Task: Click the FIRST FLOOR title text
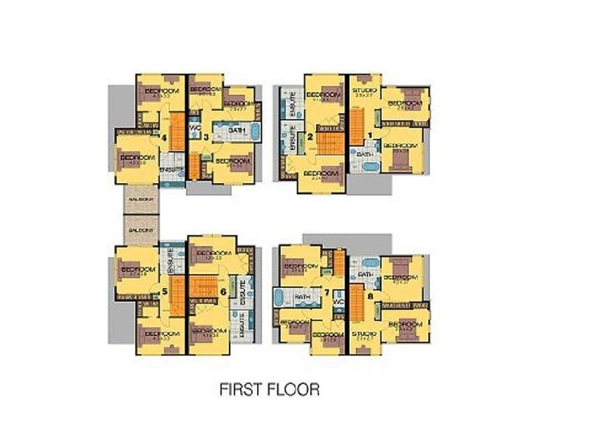270,389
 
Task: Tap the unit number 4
164,137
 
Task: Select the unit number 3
206,137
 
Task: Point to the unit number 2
310,137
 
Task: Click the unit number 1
371,136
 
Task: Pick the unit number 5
164,292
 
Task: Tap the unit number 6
223,292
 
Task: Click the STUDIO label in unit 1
366,91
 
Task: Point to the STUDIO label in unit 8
363,334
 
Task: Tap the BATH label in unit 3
236,131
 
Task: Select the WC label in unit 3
194,127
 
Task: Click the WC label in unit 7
339,302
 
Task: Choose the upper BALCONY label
140,200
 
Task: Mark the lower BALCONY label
140,230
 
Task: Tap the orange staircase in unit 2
328,140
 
